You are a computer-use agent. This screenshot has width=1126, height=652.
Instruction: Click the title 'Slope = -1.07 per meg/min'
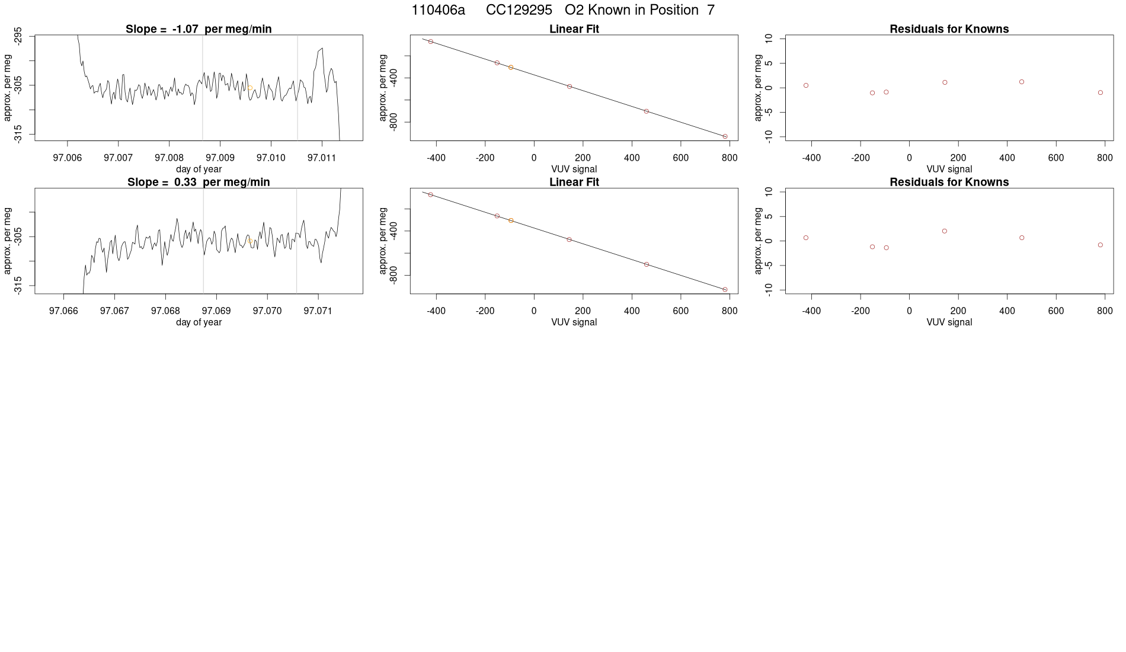click(x=199, y=29)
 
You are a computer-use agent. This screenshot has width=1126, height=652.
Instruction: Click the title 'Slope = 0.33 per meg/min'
click(x=199, y=182)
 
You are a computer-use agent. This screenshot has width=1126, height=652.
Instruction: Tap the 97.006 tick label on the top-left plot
click(x=68, y=158)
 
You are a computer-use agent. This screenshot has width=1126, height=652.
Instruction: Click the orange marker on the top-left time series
click(x=250, y=88)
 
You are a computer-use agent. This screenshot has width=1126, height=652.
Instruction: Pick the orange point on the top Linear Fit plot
click(x=510, y=68)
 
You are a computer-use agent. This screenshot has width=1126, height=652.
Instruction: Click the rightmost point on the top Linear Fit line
click(x=725, y=136)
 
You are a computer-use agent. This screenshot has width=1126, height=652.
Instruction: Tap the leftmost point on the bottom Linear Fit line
click(x=431, y=194)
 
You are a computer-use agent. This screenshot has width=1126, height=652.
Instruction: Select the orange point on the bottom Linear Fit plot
click(x=510, y=220)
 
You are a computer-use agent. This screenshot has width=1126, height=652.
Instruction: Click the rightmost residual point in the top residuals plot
click(x=1101, y=92)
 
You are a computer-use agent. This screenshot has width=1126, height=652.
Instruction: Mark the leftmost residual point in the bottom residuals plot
click(x=806, y=238)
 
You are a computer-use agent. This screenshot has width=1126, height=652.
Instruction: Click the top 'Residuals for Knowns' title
click(x=949, y=29)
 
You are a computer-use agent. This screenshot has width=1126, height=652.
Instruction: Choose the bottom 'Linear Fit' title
click(x=574, y=182)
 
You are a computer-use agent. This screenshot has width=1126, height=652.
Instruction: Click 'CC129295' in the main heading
click(x=519, y=10)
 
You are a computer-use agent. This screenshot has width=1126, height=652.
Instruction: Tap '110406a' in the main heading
click(x=438, y=10)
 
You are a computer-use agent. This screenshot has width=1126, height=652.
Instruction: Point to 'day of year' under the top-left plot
click(x=199, y=169)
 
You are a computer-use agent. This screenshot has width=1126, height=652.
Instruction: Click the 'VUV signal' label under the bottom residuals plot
click(x=949, y=322)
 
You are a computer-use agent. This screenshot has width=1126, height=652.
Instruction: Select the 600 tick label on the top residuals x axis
click(x=1055, y=158)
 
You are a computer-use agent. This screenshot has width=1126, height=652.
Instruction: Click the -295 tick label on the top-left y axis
click(x=18, y=35)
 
